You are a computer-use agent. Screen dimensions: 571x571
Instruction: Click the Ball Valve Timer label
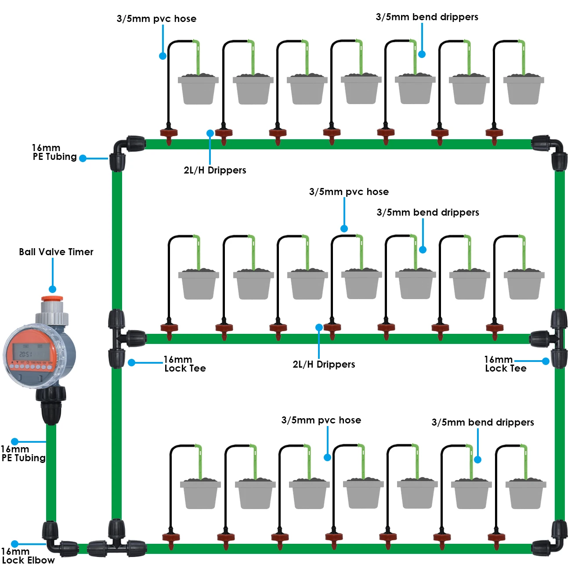click(x=56, y=252)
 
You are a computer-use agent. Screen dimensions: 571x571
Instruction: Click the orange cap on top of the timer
click(x=52, y=299)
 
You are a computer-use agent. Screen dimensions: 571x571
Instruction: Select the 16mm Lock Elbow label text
click(x=28, y=556)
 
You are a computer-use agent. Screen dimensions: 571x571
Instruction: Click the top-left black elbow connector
click(x=123, y=149)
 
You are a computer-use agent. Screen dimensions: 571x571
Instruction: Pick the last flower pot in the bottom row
click(x=526, y=495)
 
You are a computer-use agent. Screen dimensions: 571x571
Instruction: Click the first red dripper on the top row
click(x=169, y=134)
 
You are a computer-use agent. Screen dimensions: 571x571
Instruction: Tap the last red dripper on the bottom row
click(x=497, y=538)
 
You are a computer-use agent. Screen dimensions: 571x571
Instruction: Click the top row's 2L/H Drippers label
click(x=215, y=170)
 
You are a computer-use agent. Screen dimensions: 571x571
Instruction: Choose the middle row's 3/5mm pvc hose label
click(x=349, y=192)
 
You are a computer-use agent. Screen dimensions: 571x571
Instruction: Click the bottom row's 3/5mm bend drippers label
click(x=483, y=423)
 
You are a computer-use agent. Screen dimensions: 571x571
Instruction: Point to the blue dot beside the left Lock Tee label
click(x=132, y=363)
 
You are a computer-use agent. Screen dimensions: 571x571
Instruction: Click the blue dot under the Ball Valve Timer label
click(x=52, y=289)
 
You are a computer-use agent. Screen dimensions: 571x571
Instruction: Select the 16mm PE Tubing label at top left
click(x=54, y=152)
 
